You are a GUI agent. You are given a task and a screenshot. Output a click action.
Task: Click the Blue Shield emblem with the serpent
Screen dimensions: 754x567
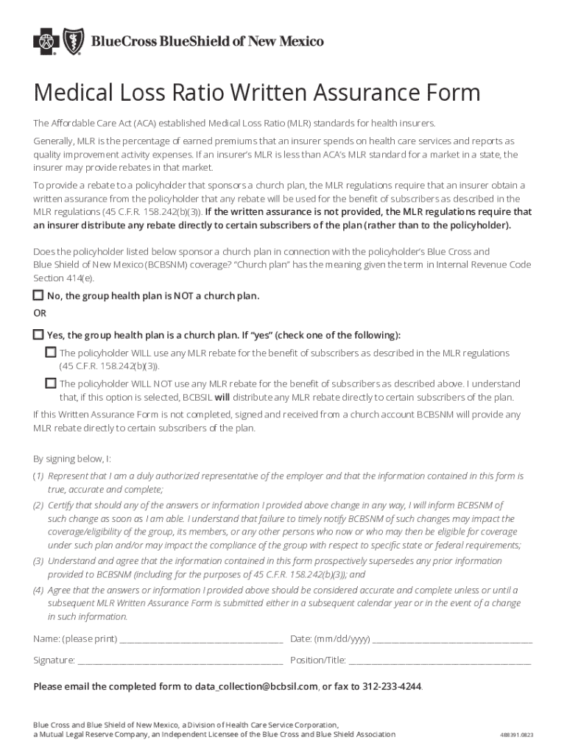pos(74,42)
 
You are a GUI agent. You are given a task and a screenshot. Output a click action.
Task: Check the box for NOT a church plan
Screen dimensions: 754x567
pos(38,295)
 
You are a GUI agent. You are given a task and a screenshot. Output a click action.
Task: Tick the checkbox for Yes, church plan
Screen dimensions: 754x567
pos(38,334)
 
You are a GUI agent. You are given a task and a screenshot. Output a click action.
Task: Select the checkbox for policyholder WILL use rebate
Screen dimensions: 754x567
pos(51,352)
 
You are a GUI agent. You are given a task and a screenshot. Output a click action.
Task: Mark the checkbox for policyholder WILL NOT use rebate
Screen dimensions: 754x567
pos(51,383)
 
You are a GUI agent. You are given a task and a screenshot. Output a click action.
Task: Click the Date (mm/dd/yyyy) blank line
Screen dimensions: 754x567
pos(452,638)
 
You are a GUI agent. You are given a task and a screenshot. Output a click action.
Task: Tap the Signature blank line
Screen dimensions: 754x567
pos(180,660)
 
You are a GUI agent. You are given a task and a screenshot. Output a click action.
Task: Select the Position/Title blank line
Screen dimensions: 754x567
pos(440,660)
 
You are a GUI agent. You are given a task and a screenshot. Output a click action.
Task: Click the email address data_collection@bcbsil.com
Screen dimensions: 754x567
pos(256,686)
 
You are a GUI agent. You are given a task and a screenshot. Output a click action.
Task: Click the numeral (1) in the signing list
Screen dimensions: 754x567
pos(38,476)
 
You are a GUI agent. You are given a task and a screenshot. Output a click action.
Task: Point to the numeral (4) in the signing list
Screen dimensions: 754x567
pos(38,590)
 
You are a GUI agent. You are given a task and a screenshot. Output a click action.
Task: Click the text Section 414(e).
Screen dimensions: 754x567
pos(64,278)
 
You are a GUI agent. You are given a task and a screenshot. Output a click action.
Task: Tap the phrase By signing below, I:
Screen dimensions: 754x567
pos(72,458)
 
